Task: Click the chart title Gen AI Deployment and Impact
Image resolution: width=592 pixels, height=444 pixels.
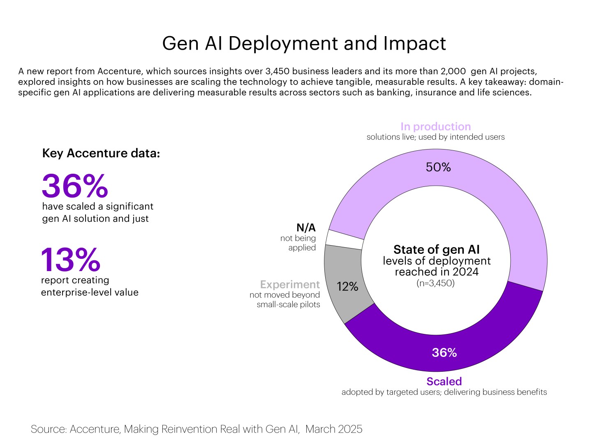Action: click(x=304, y=44)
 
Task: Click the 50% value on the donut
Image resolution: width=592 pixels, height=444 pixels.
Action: click(x=438, y=167)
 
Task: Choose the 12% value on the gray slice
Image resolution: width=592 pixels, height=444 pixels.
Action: click(x=347, y=287)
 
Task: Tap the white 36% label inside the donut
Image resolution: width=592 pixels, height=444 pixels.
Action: click(x=444, y=352)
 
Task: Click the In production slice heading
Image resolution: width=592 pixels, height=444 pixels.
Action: click(x=435, y=127)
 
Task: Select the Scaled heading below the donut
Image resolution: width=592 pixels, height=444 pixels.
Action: click(x=444, y=381)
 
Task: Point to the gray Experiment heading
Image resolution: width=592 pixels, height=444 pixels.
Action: click(x=290, y=284)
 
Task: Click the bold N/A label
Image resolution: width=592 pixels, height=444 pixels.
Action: click(x=306, y=228)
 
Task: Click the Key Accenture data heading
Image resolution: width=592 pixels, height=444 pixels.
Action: click(x=101, y=153)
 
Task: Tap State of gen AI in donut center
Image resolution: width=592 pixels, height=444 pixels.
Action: click(x=437, y=249)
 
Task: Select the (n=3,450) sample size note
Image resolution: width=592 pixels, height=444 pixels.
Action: click(x=436, y=283)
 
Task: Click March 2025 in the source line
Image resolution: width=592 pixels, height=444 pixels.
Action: click(x=334, y=429)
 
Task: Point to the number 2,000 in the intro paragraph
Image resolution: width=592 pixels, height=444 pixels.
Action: click(x=452, y=71)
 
